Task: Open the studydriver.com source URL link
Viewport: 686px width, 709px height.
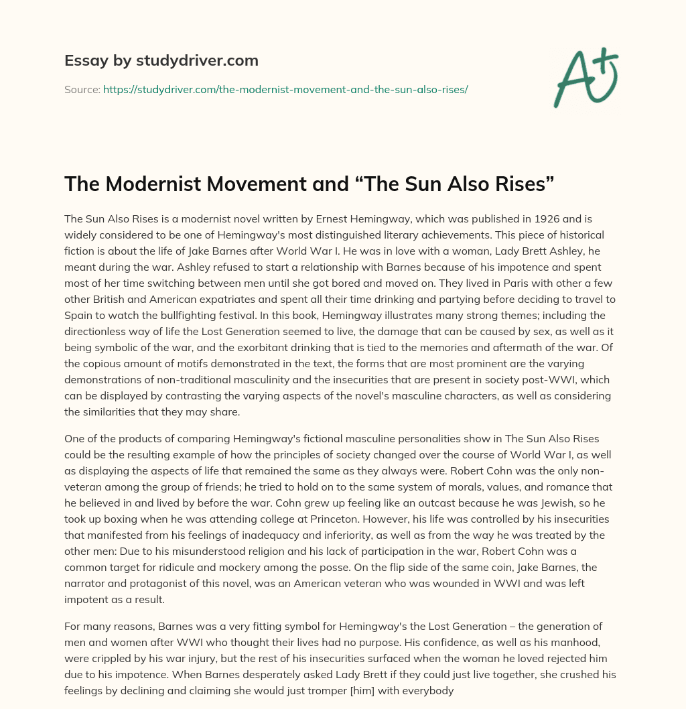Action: point(285,89)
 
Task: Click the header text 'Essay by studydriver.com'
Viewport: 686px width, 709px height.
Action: point(161,60)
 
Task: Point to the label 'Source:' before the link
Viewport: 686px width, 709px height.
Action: point(82,89)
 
